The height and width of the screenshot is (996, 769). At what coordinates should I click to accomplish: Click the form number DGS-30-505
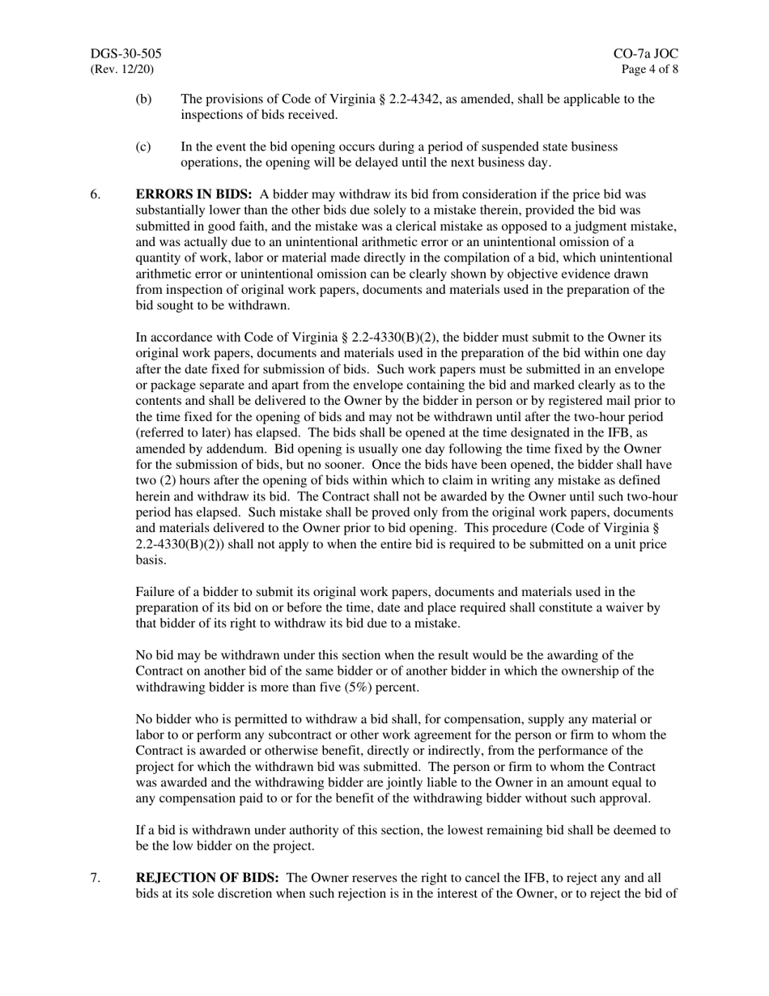point(125,54)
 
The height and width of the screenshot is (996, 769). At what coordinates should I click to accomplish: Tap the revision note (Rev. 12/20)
point(121,70)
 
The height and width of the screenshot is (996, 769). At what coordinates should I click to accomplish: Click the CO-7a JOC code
point(646,54)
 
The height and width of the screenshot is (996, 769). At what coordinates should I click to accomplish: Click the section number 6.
point(95,195)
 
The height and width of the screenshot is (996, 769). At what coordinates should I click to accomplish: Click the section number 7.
point(95,879)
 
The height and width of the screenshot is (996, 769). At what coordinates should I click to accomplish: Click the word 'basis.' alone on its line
point(151,560)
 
